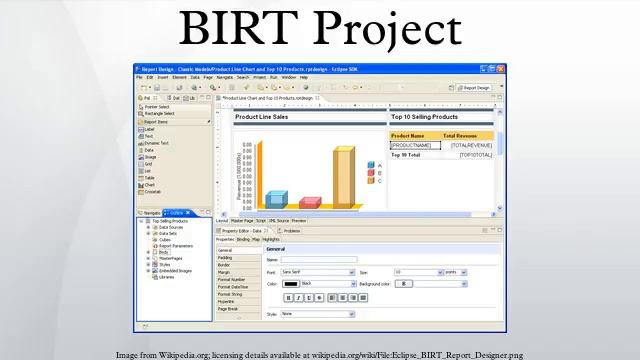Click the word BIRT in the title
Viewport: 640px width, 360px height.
point(239,29)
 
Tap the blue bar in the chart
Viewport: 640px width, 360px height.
point(275,198)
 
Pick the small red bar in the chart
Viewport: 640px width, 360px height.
point(309,202)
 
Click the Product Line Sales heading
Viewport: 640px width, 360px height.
point(261,117)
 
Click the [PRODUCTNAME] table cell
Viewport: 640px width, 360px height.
point(411,145)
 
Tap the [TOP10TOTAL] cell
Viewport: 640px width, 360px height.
point(475,155)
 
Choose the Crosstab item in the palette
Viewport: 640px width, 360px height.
point(153,192)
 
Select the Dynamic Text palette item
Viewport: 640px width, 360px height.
point(157,143)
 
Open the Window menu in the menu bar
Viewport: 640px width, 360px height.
point(288,77)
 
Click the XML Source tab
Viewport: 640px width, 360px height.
point(279,220)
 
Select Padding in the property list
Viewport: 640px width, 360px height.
point(226,257)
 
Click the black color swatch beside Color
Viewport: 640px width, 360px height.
point(290,283)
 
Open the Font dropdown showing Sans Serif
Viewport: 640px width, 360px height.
point(317,271)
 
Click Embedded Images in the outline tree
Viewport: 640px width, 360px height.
point(176,270)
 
